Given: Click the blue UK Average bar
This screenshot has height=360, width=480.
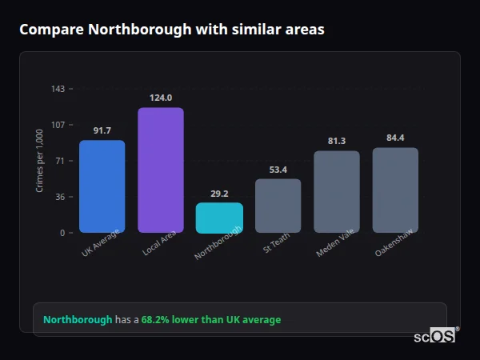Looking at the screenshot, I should tap(102, 186).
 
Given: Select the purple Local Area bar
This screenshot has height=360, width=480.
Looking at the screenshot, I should tap(161, 170).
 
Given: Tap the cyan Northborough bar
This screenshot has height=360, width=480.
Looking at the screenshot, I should tap(219, 218).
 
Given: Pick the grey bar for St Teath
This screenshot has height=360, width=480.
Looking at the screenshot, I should tap(278, 206).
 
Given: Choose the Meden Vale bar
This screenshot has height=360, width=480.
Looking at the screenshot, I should tap(337, 192).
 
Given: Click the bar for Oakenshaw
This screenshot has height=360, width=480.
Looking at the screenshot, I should tap(395, 190).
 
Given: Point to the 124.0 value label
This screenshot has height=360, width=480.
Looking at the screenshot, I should tap(161, 98).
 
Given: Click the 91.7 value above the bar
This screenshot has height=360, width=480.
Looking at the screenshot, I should tap(102, 130).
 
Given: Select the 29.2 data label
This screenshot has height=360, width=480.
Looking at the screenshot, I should tap(219, 194).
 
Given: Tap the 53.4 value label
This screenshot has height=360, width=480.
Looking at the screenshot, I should tap(278, 170).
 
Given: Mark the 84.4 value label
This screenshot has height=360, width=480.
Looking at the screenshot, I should tap(395, 138).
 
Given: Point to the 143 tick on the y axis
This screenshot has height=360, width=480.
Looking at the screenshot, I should tap(58, 89).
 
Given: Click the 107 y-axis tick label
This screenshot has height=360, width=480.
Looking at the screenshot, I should tap(58, 125).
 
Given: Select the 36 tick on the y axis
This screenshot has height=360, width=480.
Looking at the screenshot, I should tap(60, 197).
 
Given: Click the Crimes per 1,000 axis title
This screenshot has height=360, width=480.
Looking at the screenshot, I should tap(39, 161).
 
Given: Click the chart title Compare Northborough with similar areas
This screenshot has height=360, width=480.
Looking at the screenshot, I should tap(172, 30).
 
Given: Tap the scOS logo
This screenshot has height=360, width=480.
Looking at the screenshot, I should tap(434, 336).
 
